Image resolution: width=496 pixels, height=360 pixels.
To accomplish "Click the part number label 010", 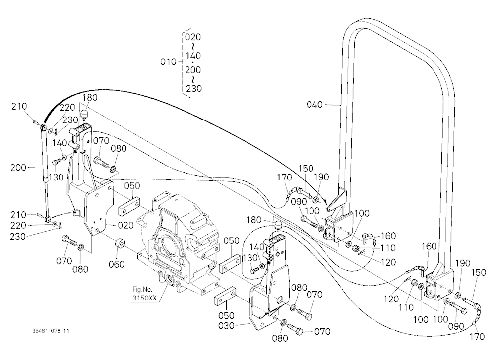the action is click(168, 61).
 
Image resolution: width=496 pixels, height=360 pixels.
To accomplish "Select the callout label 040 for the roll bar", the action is click(315, 105).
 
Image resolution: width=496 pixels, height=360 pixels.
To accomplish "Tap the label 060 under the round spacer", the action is click(117, 264).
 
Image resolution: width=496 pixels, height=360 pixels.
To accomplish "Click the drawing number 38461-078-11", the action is click(51, 331).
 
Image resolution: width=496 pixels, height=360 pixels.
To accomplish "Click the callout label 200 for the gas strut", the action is click(18, 167).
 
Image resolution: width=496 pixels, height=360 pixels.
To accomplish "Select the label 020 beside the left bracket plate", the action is click(125, 225).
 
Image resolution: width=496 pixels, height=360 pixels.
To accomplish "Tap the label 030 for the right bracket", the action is click(227, 325).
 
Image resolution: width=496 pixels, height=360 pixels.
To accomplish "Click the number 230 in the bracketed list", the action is click(193, 88).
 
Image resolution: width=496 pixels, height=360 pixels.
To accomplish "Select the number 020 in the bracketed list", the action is click(193, 37).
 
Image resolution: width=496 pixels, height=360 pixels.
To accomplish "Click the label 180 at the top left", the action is click(90, 97).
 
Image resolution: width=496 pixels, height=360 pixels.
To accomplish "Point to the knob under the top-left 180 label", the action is click(84, 115).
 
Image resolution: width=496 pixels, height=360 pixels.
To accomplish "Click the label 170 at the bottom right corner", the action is click(477, 336).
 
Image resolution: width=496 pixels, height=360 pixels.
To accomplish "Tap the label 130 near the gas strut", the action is click(56, 177).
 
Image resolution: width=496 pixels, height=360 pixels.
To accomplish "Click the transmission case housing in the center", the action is click(178, 240).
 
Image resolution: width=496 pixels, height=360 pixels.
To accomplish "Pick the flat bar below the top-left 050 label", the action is click(129, 206).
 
